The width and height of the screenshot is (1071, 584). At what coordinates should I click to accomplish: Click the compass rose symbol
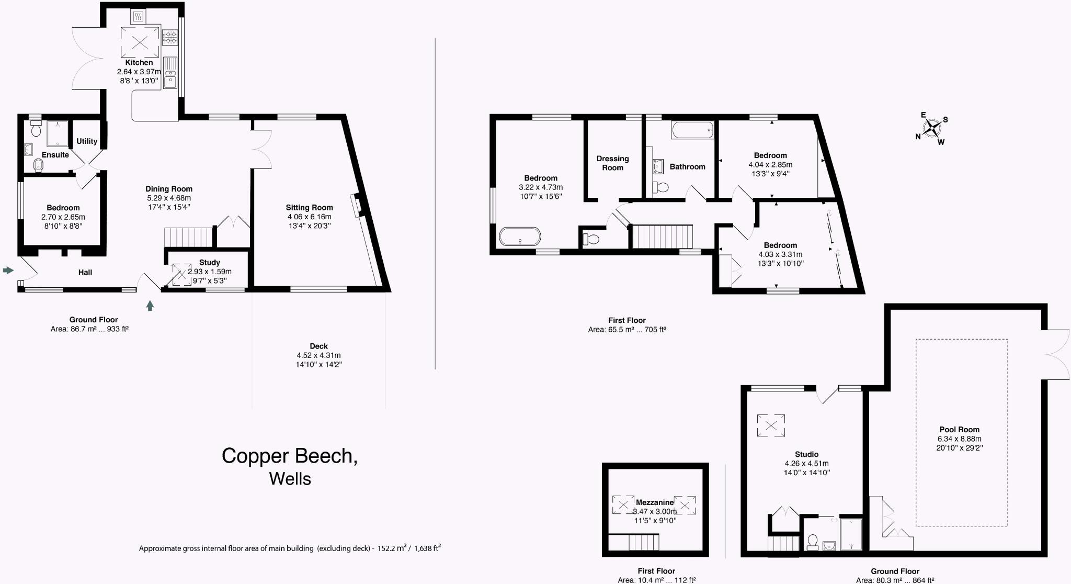[932, 128]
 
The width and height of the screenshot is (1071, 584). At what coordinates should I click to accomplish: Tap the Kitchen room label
[139, 62]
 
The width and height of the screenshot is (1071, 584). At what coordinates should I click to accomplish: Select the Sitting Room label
[309, 207]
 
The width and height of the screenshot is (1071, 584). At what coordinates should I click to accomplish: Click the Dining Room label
[169, 189]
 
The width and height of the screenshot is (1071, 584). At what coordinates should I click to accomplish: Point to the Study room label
[210, 262]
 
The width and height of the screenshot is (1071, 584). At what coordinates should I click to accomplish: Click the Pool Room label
[959, 430]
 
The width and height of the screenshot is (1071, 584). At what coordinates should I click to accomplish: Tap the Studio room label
[806, 454]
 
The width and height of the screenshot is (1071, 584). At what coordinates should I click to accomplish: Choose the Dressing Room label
[612, 163]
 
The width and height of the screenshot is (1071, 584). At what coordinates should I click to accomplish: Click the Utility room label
[87, 141]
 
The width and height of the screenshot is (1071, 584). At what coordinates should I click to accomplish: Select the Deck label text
[318, 346]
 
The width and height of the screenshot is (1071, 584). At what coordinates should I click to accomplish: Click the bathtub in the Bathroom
[692, 130]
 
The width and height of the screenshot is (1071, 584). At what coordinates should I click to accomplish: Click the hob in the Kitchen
[170, 36]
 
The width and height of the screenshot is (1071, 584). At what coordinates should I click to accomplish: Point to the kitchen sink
[170, 73]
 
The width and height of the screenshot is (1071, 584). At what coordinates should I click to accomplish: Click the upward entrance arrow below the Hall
[150, 306]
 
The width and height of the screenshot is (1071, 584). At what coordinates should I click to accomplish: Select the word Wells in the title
[290, 479]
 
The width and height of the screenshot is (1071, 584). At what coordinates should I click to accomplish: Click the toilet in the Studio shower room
[813, 542]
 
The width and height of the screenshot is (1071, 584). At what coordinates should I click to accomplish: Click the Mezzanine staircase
[644, 542]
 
